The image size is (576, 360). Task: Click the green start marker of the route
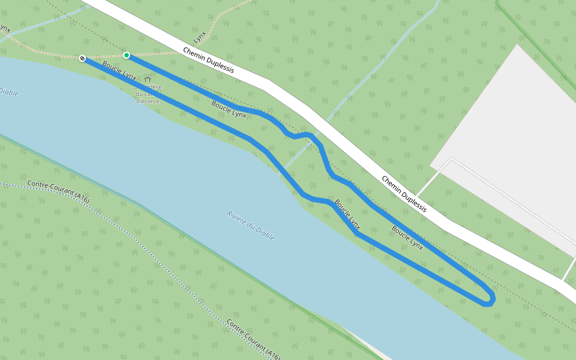(127, 55)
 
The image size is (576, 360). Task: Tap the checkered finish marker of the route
(82, 58)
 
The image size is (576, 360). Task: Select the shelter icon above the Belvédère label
(148, 79)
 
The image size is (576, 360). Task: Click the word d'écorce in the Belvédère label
(147, 101)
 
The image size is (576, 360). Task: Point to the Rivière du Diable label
(251, 226)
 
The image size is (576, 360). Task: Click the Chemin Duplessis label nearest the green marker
(208, 61)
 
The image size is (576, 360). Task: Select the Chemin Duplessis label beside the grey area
(404, 194)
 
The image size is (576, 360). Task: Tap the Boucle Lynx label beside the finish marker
(119, 70)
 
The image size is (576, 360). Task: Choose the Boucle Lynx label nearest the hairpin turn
(407, 238)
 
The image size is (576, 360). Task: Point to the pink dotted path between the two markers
(105, 56)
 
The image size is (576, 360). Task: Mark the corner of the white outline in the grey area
(451, 159)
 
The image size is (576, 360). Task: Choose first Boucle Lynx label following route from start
(229, 109)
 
